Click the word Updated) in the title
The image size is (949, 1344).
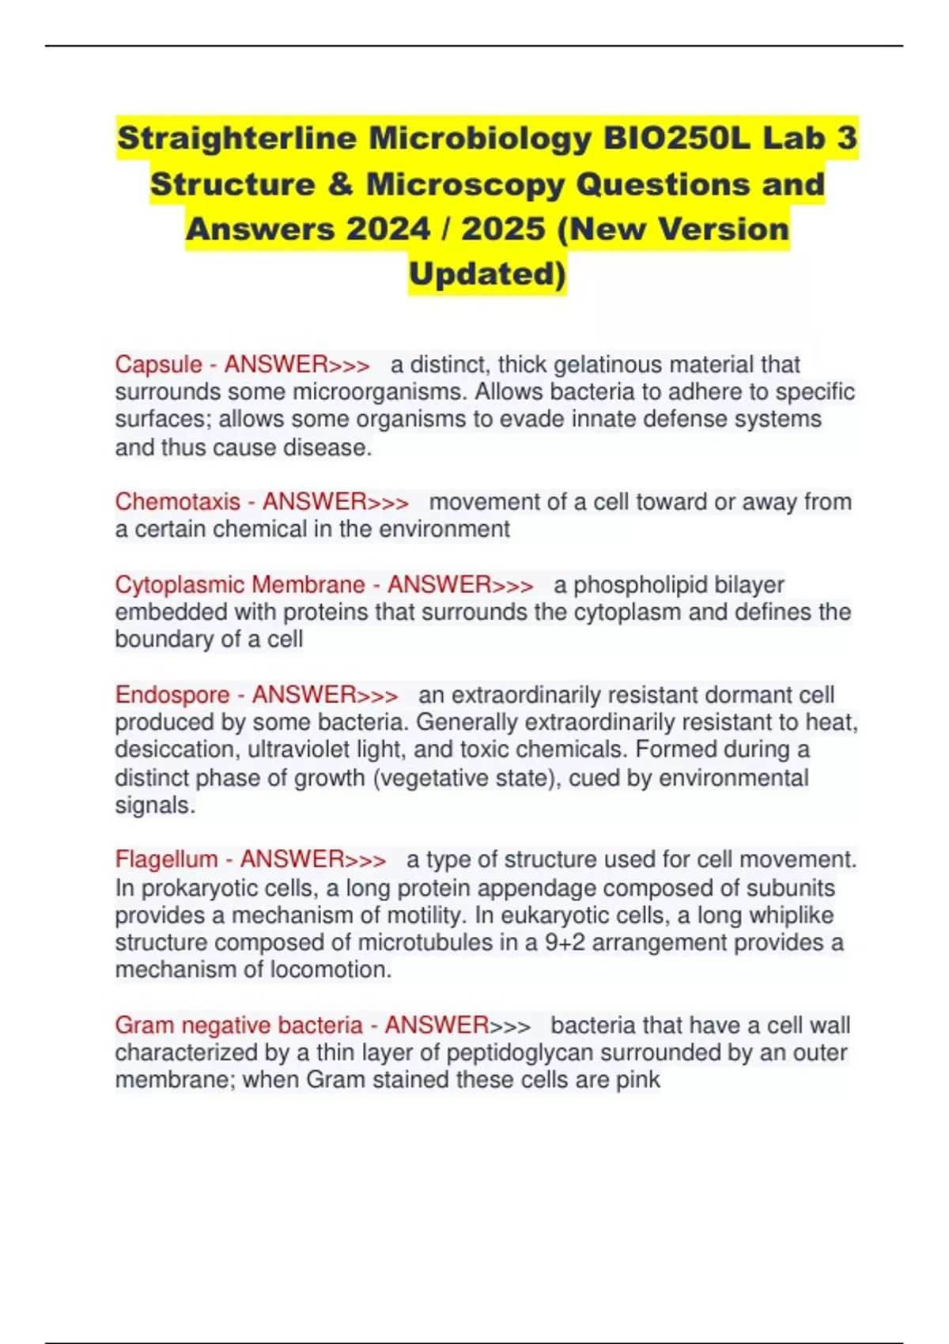487,274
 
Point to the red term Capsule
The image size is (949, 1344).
159,364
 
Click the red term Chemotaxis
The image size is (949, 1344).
178,502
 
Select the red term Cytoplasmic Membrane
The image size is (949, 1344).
240,585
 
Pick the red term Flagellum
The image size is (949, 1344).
166,859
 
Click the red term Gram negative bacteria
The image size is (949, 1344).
238,1025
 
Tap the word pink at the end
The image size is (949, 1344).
637,1080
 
